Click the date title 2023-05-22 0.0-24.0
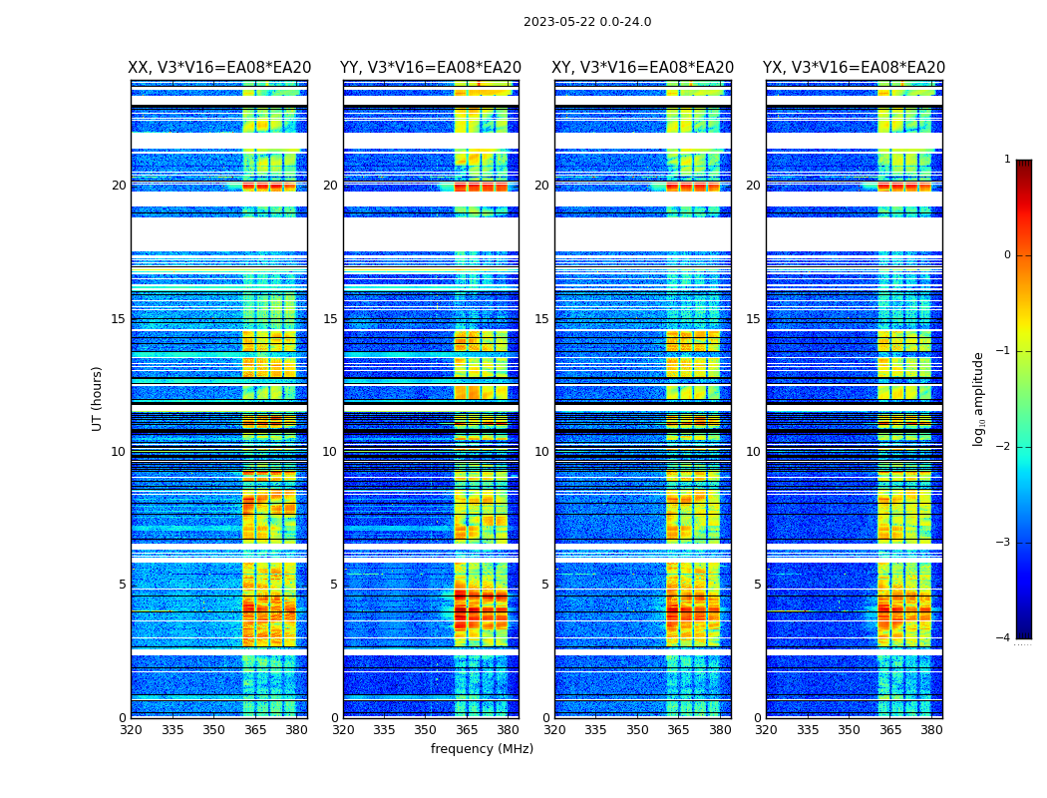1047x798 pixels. (587, 22)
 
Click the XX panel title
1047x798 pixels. (219, 68)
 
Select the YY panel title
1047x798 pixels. (431, 68)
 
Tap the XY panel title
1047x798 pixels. (643, 68)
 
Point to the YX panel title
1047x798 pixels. (854, 68)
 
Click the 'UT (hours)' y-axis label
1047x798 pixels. (98, 398)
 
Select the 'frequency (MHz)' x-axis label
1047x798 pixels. (482, 749)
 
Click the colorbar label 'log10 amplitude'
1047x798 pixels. (979, 398)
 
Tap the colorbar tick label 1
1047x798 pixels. (1007, 160)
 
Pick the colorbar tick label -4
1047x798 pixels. (1004, 638)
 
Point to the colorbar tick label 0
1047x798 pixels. (1007, 255)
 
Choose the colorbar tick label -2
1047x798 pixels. (1004, 447)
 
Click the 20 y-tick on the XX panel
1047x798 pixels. (119, 186)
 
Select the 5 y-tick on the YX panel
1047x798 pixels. (757, 585)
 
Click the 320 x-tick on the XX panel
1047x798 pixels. (131, 730)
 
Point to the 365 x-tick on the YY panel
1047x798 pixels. (467, 730)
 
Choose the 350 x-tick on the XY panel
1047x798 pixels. (637, 730)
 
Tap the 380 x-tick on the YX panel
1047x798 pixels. (931, 730)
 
